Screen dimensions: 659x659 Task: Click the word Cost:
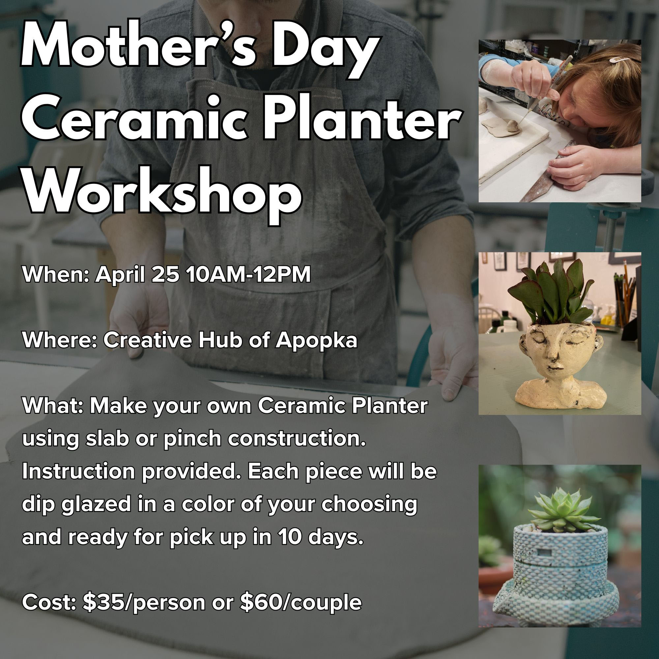point(49,603)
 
